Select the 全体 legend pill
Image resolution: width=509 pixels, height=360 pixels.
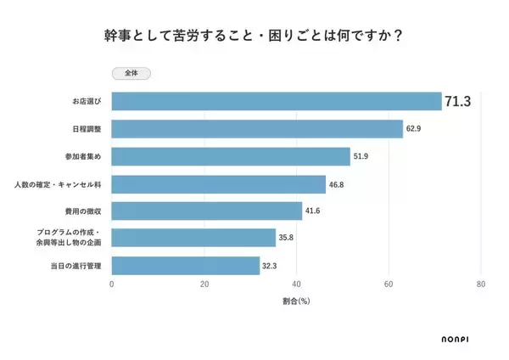(x=131, y=74)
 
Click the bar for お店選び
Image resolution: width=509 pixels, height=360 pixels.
(x=277, y=101)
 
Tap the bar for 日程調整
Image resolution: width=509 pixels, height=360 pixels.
(x=257, y=129)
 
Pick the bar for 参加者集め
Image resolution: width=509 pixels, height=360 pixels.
(x=231, y=156)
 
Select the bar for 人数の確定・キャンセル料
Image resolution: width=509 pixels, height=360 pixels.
(x=219, y=183)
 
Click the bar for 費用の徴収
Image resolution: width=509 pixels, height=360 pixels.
(x=207, y=211)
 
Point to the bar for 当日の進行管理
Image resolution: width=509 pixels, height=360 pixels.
(x=186, y=266)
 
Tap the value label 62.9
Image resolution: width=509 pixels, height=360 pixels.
(x=415, y=129)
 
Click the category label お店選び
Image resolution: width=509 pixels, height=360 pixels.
(x=86, y=102)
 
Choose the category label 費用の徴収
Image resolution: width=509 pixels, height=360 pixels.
(x=84, y=211)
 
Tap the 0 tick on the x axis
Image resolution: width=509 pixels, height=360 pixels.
(x=112, y=285)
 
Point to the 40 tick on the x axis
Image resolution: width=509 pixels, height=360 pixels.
(x=297, y=285)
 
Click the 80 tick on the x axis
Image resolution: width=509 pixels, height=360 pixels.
(x=481, y=285)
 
